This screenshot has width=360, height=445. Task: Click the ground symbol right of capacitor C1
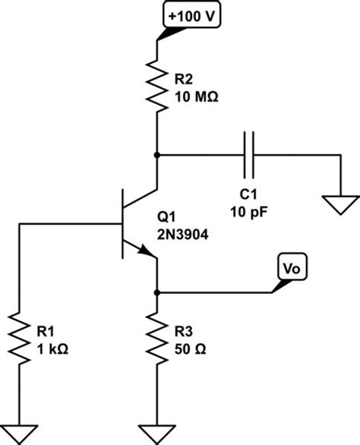click(x=339, y=203)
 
